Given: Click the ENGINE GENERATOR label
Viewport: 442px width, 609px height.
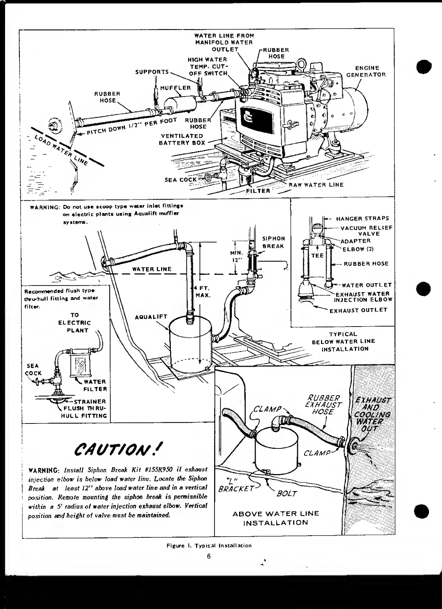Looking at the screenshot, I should pyautogui.click(x=366, y=71).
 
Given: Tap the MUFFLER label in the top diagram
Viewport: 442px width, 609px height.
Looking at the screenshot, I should pyautogui.click(x=175, y=88).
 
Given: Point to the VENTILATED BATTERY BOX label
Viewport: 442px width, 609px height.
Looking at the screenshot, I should pyautogui.click(x=182, y=139).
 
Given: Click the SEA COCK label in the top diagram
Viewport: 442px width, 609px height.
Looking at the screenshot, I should pyautogui.click(x=181, y=179).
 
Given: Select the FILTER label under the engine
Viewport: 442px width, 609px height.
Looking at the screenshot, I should pyautogui.click(x=258, y=190).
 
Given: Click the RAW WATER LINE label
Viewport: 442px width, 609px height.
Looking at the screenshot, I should pyautogui.click(x=316, y=184).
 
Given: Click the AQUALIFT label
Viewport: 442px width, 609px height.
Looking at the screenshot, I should pyautogui.click(x=151, y=317).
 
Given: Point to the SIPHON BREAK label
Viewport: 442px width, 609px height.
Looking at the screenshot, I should pyautogui.click(x=273, y=242).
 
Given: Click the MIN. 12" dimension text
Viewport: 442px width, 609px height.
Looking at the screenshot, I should pyautogui.click(x=237, y=256).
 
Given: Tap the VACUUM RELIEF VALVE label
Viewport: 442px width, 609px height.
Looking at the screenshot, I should pyautogui.click(x=366, y=231).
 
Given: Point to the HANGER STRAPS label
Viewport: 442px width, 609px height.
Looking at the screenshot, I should pyautogui.click(x=362, y=218).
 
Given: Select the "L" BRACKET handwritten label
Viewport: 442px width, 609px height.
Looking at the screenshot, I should pyautogui.click(x=235, y=485).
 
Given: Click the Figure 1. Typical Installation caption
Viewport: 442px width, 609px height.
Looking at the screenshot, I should pyautogui.click(x=209, y=545).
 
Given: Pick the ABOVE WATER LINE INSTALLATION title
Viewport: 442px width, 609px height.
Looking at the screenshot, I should pyautogui.click(x=276, y=518).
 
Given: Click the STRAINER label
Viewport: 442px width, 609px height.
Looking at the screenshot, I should pyautogui.click(x=90, y=401).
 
